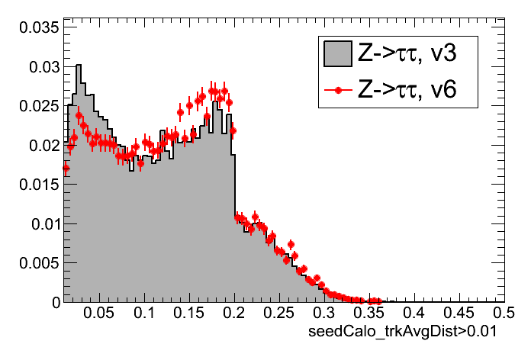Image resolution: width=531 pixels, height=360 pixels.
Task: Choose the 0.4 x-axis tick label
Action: (414, 313)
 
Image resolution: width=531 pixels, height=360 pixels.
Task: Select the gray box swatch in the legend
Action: (337, 53)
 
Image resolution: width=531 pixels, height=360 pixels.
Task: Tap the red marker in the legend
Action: (337, 91)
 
